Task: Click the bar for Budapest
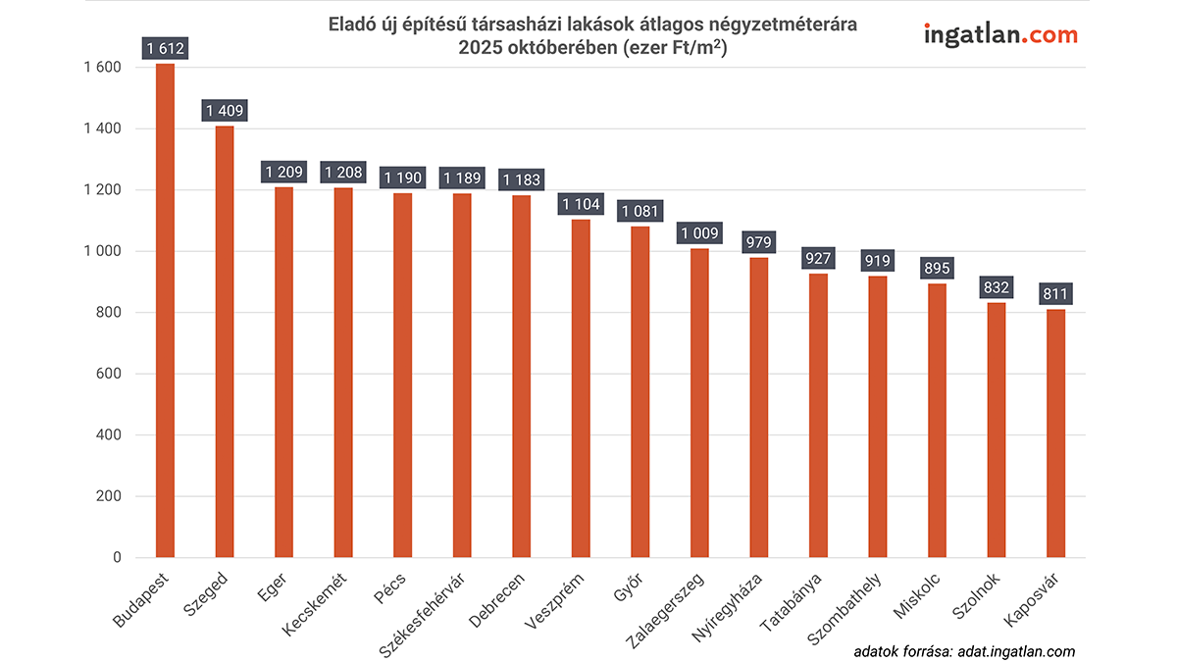(165, 311)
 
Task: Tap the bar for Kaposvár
(1055, 433)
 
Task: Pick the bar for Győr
(640, 392)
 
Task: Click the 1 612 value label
(166, 49)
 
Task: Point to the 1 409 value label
(225, 111)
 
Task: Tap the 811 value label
(1055, 294)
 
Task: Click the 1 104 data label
(581, 204)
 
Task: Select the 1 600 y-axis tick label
(102, 68)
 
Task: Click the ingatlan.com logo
(1000, 35)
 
